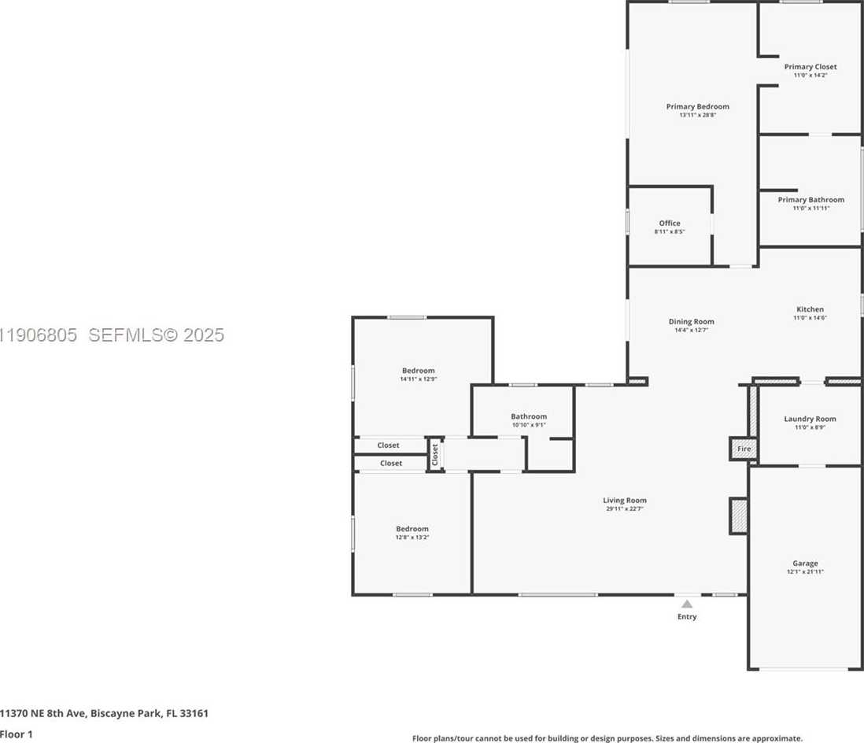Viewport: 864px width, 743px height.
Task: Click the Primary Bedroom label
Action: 697,106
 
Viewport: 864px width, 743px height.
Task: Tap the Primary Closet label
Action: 810,67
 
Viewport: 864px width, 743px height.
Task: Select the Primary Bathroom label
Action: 810,200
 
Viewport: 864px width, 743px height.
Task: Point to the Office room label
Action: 670,224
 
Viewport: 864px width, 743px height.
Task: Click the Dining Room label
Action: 691,321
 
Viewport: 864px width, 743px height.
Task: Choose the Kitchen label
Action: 810,309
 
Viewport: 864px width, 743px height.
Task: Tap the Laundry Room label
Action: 810,419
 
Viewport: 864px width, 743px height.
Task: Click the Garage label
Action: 805,563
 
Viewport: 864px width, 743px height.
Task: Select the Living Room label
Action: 625,500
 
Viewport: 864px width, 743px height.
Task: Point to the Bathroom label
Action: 528,416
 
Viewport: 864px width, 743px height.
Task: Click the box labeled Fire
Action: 744,449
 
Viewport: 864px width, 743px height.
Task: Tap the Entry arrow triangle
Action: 687,604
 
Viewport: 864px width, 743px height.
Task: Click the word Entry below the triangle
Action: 687,616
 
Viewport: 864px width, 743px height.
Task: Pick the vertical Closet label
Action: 434,455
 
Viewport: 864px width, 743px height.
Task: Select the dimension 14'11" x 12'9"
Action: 418,379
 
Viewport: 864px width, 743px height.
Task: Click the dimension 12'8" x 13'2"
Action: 412,538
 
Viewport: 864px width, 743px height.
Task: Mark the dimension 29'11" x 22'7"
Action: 625,509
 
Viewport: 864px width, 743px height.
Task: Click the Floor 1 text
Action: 18,734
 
